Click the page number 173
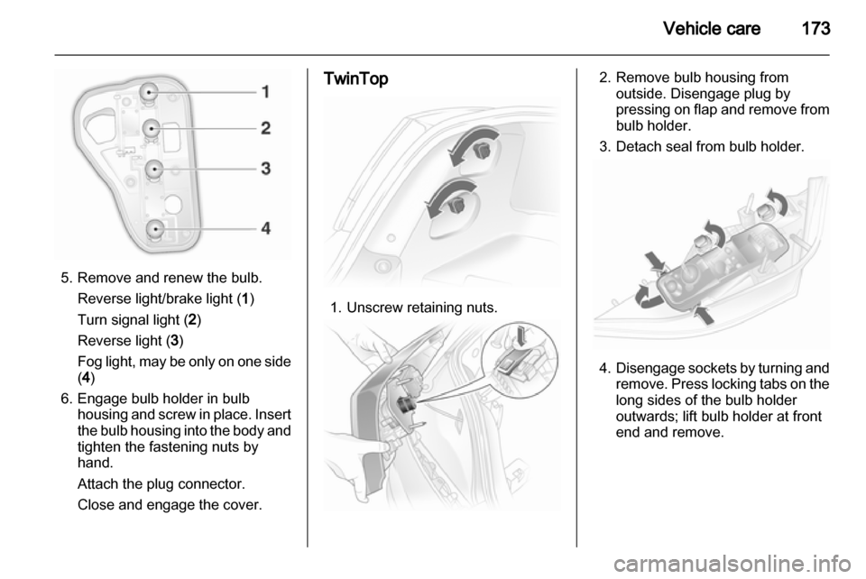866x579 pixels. point(815,28)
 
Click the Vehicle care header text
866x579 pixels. point(712,28)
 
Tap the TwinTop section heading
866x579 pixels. point(355,79)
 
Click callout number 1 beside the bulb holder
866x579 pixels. point(265,91)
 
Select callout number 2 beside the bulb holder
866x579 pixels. point(265,128)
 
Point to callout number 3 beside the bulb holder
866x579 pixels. point(265,169)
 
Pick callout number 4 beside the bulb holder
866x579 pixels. point(265,228)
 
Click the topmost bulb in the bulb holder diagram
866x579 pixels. point(149,92)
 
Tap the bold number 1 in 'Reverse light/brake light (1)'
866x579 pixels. point(245,299)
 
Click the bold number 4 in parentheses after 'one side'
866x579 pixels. point(86,378)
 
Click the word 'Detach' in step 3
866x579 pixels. point(640,147)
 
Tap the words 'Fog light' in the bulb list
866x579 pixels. point(105,362)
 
